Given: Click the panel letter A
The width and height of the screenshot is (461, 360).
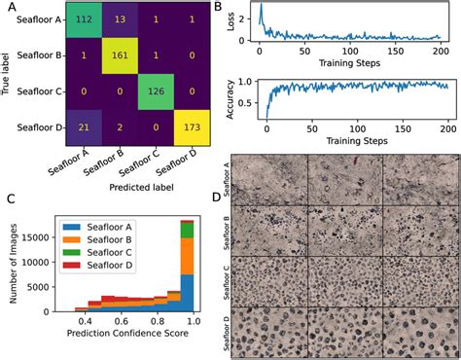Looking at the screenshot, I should click(11, 7).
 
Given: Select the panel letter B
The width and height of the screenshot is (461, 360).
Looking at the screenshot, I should click(243, 7).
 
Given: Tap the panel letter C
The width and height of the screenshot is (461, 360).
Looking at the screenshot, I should click(11, 200).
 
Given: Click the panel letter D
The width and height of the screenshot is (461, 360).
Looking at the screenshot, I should click(242, 200).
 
